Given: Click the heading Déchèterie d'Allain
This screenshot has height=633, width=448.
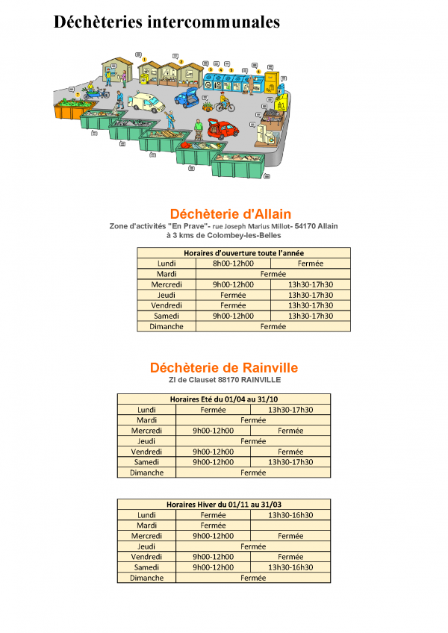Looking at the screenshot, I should (230, 214).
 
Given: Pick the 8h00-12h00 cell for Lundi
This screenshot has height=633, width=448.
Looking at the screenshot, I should (233, 264).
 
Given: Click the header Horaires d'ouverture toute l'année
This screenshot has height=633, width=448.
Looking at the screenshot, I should (243, 253).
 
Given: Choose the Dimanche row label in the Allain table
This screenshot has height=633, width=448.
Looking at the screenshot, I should (167, 326).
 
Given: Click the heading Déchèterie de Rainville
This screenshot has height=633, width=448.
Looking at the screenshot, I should (224, 368).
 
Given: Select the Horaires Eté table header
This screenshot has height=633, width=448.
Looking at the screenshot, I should (223, 399).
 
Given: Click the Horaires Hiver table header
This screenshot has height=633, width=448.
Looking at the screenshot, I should (223, 505).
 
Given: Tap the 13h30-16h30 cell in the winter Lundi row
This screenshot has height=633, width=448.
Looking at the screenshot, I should (290, 515).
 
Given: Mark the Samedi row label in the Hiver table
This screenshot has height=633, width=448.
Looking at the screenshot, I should (146, 567).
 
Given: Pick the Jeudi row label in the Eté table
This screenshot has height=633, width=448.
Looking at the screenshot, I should (146, 441).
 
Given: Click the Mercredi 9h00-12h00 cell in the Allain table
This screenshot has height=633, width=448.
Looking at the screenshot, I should (233, 284).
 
